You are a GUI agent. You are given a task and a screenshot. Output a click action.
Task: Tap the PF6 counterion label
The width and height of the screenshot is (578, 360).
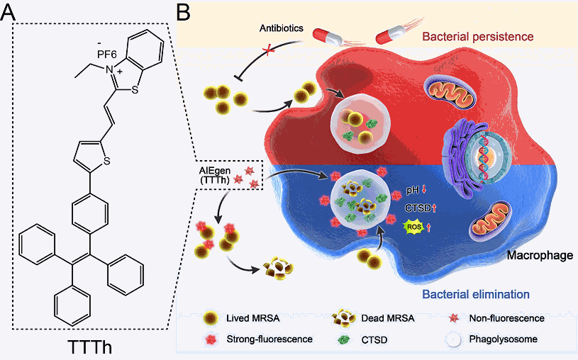tap(107, 55)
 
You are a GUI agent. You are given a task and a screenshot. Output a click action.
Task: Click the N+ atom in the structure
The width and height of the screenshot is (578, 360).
tap(111, 69)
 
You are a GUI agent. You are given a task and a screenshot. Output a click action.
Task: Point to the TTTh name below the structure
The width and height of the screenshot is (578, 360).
tap(89, 347)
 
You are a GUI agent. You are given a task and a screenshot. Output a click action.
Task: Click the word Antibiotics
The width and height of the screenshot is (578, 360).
tap(282, 28)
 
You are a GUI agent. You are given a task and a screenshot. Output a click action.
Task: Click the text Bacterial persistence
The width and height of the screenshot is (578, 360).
tap(478, 36)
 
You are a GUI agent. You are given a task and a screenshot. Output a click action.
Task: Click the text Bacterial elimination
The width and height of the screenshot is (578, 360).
tap(476, 294)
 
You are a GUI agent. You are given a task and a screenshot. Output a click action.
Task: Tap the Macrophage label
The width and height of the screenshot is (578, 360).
tap(540, 255)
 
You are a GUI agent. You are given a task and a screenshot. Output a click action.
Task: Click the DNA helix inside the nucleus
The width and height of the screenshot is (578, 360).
tap(484, 156)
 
